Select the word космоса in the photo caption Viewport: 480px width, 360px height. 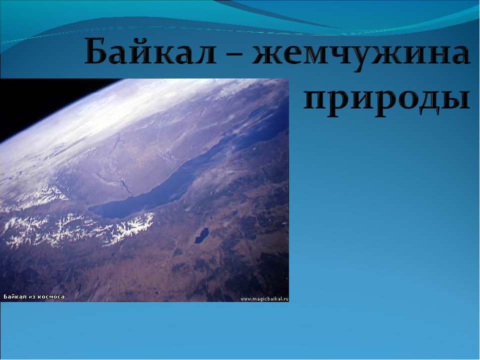[52, 296]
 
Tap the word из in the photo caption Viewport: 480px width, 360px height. [33, 296]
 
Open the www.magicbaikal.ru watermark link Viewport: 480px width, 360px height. [264, 298]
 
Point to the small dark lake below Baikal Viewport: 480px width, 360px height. [201, 235]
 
